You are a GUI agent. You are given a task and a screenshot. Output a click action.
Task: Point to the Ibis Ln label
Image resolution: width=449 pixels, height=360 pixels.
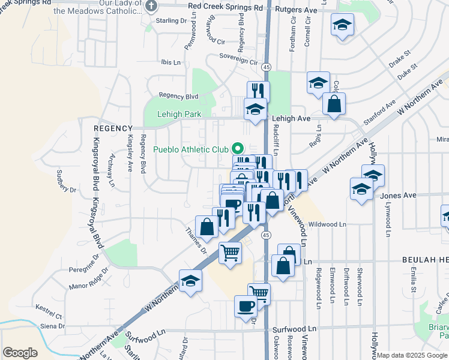click(x=170, y=62)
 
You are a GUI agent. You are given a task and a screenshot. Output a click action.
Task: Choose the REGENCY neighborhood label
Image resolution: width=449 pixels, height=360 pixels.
click(x=112, y=128)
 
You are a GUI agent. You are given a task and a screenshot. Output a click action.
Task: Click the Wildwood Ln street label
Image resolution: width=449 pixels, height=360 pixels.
click(x=327, y=224)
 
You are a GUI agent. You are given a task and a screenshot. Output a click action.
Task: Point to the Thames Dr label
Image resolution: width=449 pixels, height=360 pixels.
click(x=196, y=241)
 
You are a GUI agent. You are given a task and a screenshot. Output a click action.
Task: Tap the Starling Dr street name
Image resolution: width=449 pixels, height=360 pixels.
click(x=171, y=21)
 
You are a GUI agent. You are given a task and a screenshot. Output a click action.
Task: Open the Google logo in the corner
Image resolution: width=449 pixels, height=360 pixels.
click(x=20, y=353)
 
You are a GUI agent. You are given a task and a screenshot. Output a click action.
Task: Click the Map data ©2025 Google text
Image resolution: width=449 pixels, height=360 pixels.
click(x=412, y=355)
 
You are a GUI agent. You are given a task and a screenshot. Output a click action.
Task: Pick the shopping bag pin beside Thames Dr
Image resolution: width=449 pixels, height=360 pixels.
click(x=207, y=227)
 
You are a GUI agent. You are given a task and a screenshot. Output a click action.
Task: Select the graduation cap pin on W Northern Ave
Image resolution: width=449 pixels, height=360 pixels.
click(x=190, y=281)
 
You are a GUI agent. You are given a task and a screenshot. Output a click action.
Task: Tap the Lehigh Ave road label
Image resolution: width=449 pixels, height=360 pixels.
click(x=291, y=119)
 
